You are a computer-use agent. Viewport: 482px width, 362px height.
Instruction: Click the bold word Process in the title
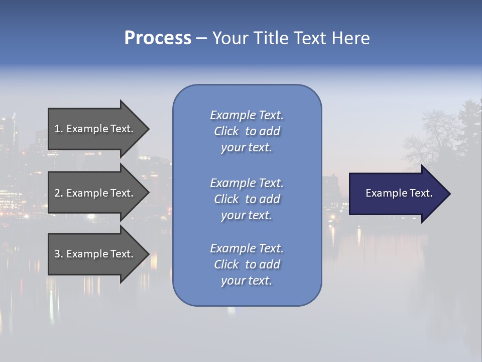tap(158, 38)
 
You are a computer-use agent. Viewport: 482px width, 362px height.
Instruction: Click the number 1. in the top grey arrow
tap(59, 129)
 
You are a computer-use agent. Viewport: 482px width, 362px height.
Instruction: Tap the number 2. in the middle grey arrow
tap(59, 193)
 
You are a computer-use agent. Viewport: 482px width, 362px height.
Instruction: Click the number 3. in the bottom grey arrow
tap(59, 254)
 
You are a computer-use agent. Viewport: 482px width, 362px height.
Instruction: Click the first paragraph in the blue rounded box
tap(247, 131)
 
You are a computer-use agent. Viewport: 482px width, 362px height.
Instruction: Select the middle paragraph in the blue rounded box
tap(247, 199)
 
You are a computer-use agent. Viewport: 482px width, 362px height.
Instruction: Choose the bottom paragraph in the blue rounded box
tap(247, 264)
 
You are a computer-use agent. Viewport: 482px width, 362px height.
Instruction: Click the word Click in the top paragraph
tap(226, 131)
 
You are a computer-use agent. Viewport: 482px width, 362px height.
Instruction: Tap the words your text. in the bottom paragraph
tap(247, 281)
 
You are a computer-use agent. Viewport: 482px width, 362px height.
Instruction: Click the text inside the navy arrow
tap(399, 193)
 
